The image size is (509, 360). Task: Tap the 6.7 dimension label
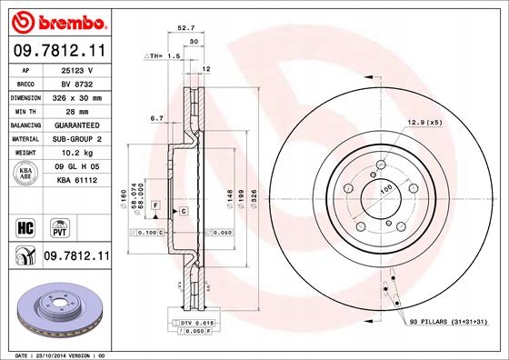pyautogui.click(x=156, y=118)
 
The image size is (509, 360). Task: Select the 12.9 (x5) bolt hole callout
pyautogui.click(x=424, y=122)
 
